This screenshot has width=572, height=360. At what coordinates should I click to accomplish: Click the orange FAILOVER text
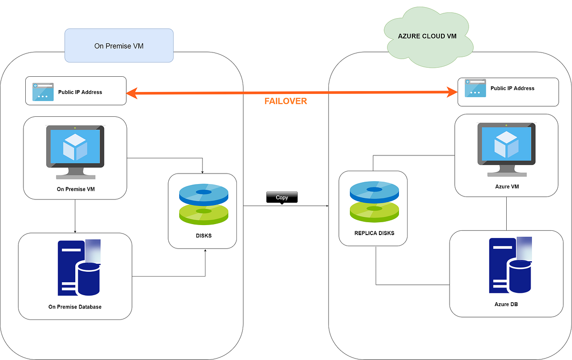(x=286, y=101)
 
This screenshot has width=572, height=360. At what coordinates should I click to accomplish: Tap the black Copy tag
(x=282, y=197)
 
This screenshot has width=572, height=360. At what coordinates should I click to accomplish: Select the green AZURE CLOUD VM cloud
(x=427, y=36)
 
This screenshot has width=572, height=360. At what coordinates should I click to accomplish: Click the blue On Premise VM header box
(x=119, y=46)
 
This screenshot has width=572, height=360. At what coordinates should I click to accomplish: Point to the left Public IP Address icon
(x=43, y=92)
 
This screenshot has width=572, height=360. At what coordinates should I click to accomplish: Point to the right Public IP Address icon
(x=475, y=88)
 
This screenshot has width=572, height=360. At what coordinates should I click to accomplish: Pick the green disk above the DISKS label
(x=204, y=213)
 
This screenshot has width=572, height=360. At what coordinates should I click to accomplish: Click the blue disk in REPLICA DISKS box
(x=374, y=191)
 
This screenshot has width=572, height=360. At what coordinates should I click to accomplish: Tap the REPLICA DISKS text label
(x=374, y=234)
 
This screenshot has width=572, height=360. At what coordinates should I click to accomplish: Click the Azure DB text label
(x=506, y=304)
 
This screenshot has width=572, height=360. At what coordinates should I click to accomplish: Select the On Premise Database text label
(x=75, y=307)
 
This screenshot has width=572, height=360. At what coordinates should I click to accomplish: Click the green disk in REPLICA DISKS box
(x=374, y=210)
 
